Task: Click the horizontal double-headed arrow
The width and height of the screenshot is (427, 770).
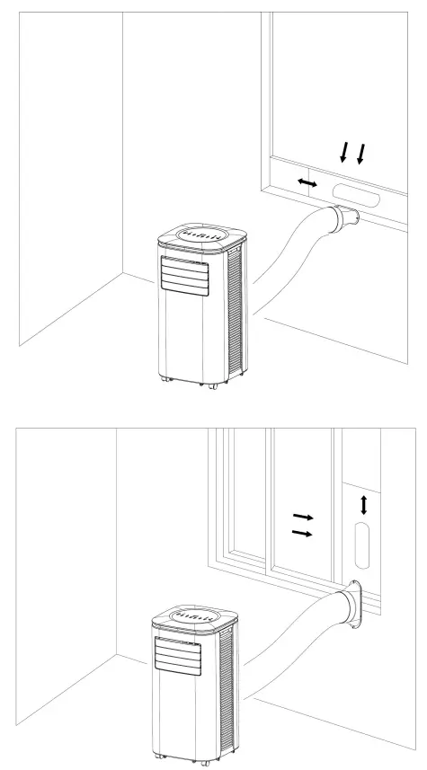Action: (x=307, y=183)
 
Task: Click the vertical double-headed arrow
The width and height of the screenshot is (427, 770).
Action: (x=364, y=505)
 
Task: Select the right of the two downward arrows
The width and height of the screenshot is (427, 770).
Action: (x=361, y=154)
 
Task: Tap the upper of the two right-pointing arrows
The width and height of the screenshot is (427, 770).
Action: (x=303, y=518)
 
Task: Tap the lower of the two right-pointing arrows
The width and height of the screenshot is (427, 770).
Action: (x=303, y=534)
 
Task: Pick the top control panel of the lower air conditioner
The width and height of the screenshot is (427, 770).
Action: (x=195, y=617)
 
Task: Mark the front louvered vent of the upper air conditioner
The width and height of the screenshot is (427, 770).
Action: (x=185, y=273)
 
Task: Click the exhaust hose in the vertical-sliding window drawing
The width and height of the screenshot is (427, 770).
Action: (x=288, y=261)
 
